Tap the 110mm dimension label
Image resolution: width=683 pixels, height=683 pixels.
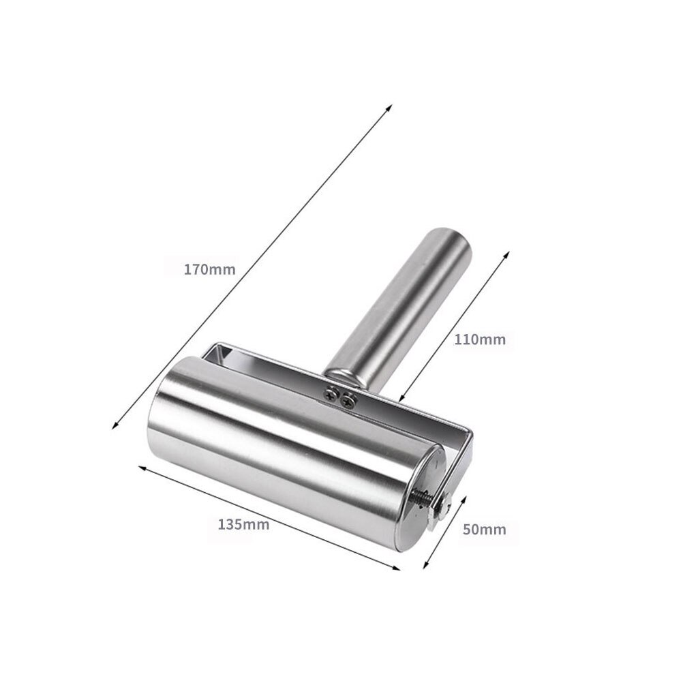480,339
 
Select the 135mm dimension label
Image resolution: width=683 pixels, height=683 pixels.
243,524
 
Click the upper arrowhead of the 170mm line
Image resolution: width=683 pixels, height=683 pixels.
391,108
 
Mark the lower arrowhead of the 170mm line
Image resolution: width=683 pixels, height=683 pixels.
114,427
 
